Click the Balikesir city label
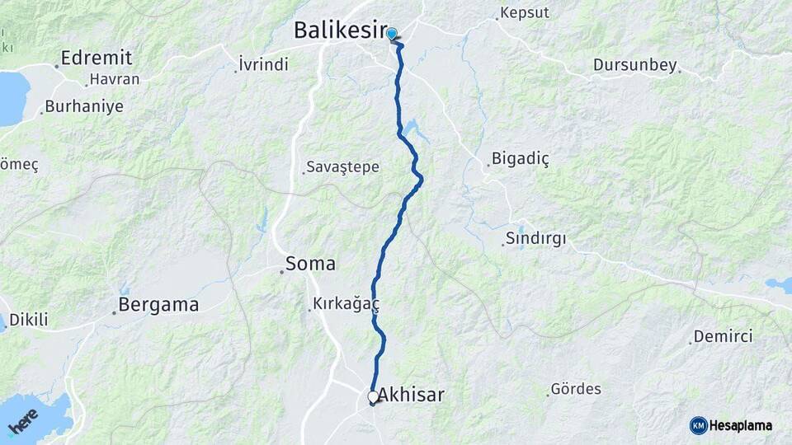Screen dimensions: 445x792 [340, 31]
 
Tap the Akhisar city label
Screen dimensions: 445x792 [411, 395]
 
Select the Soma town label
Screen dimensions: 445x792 [310, 264]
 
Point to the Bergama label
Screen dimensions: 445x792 [158, 305]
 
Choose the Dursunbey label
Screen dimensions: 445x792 [634, 65]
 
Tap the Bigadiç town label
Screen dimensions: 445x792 [520, 158]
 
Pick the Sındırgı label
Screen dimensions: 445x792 [536, 239]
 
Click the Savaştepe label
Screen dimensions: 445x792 [342, 167]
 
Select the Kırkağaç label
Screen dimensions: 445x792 [346, 304]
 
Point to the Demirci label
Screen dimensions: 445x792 [723, 336]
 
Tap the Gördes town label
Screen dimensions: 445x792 [576, 388]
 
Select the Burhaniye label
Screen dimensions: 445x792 [84, 106]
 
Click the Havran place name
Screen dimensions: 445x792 [115, 80]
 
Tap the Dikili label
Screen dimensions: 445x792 [28, 320]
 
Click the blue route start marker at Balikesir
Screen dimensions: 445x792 [392, 34]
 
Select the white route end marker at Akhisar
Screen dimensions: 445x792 [373, 397]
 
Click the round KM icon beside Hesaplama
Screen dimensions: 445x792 [698, 425]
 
